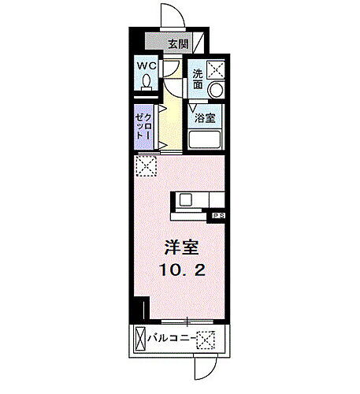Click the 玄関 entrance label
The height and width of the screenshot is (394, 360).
click(177, 44)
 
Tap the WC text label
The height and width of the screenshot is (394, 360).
click(147, 66)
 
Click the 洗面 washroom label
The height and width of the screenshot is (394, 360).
click(197, 80)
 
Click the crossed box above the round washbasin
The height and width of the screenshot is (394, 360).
click(216, 68)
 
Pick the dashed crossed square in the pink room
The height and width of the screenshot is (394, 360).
click(145, 165)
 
